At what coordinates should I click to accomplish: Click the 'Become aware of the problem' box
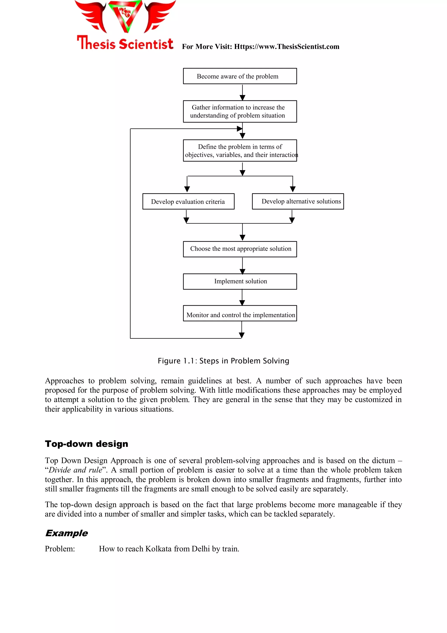coord(240,76)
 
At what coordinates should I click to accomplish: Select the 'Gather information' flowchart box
coord(240,111)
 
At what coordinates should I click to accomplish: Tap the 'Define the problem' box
coord(240,150)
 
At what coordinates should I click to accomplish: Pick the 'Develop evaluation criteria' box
coord(188,202)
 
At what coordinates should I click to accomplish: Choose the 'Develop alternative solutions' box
coord(298,202)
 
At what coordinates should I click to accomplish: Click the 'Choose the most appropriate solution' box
coord(240,249)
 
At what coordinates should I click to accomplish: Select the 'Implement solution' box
coord(240,281)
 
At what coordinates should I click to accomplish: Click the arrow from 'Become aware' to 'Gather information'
coord(242,92)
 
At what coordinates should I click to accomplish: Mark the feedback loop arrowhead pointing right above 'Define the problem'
coord(239,129)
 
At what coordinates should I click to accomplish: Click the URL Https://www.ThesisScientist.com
coord(287,47)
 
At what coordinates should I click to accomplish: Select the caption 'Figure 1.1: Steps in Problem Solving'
coord(223,361)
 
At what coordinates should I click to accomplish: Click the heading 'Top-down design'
coord(87,444)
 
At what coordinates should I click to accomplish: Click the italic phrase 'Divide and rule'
coord(75,470)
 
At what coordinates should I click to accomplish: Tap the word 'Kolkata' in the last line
coord(158,549)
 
